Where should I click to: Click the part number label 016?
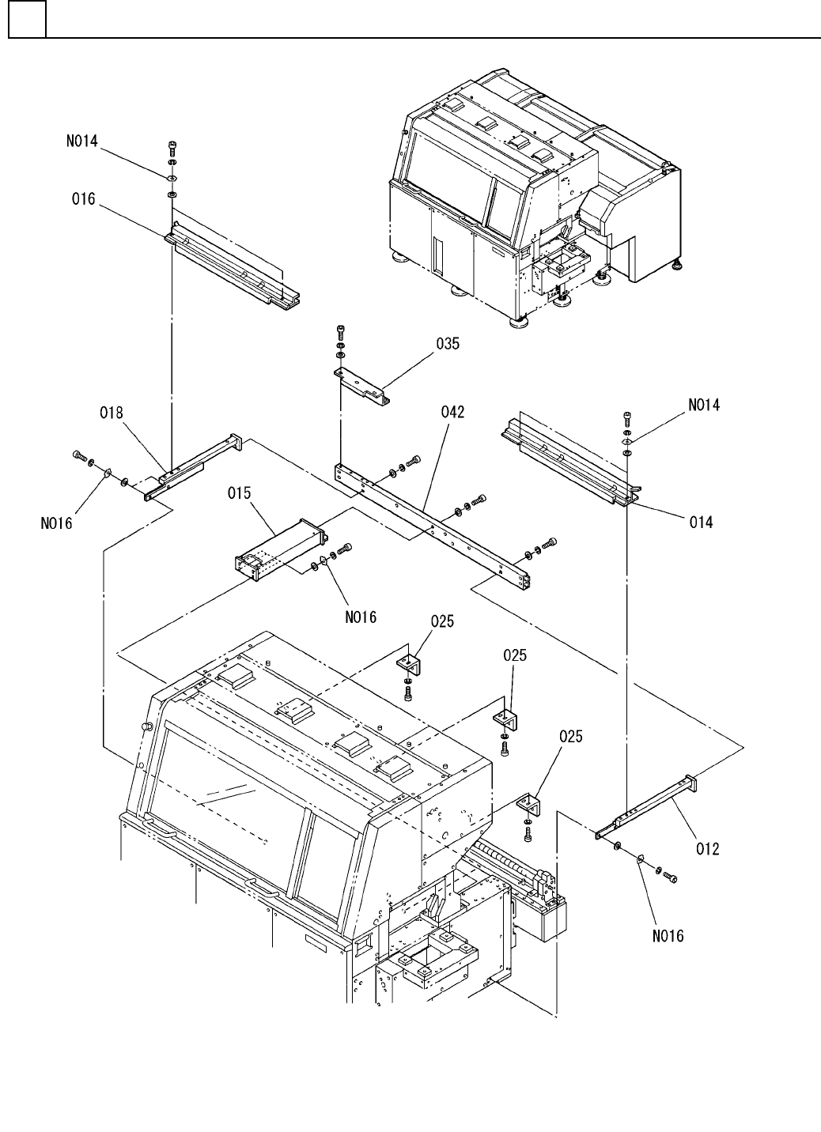coord(83,199)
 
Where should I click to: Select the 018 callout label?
coord(112,413)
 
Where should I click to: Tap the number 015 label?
coord(239,492)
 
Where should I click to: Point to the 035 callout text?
coord(448,344)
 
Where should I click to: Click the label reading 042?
coord(453,413)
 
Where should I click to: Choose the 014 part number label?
coord(702,522)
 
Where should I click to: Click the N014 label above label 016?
coord(82,141)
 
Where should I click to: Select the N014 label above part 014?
coord(704,405)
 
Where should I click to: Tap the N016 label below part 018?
coord(57,523)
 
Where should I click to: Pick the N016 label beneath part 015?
coord(361,617)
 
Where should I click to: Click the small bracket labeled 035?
coord(362,387)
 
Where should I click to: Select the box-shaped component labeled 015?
coord(279,550)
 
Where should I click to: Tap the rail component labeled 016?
coord(233,266)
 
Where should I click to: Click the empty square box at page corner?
coord(28,19)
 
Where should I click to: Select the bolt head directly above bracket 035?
coord(340,330)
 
